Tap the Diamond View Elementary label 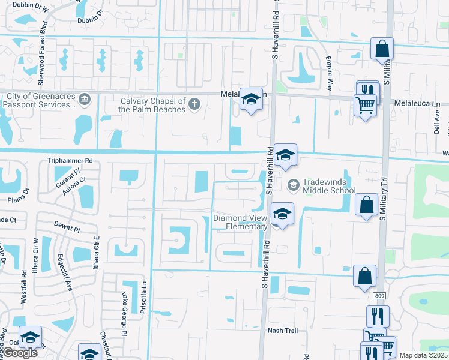(x=241, y=222)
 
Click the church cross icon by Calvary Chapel (x=194, y=105)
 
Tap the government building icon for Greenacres (x=85, y=98)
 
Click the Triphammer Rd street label (x=71, y=161)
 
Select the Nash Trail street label (x=283, y=331)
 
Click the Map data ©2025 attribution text (x=423, y=355)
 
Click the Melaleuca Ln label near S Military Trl (x=417, y=103)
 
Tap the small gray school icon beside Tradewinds (x=294, y=184)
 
